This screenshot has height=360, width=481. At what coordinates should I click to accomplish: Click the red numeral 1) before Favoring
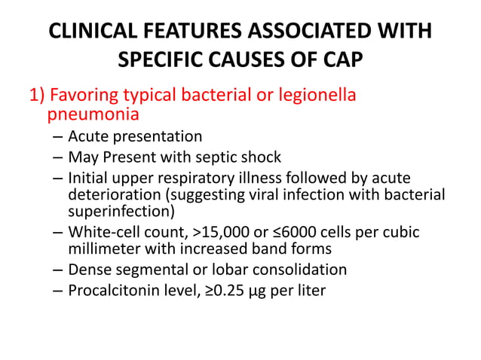[x=38, y=97]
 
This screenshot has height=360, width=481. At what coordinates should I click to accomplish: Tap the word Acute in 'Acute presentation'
[x=87, y=137]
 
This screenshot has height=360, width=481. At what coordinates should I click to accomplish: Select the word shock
[x=262, y=157]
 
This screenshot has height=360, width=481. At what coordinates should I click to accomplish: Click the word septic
[x=219, y=157]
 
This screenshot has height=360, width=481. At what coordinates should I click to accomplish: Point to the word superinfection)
[x=121, y=211]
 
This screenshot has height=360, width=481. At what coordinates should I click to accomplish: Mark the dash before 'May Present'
[x=58, y=158]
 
